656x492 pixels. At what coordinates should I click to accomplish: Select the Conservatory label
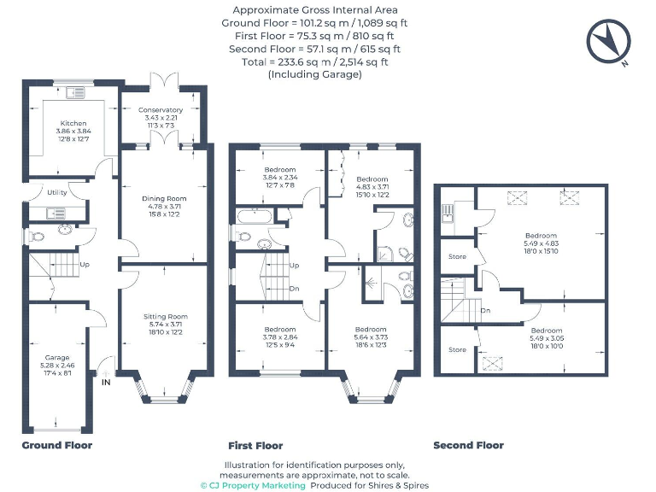click(x=161, y=110)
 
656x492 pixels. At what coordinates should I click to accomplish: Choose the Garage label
click(x=57, y=357)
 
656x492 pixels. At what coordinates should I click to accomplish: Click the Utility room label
click(x=57, y=193)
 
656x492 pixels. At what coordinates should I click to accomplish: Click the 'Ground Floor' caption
click(x=56, y=445)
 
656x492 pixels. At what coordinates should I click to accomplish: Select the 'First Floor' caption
click(x=255, y=445)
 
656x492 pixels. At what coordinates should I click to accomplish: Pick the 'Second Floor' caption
click(x=468, y=445)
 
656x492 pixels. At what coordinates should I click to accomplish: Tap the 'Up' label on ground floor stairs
click(x=85, y=265)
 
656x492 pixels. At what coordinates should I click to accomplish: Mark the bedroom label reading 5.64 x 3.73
click(x=371, y=330)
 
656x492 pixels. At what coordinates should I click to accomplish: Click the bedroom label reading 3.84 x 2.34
click(x=279, y=169)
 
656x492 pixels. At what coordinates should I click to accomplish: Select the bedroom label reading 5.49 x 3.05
click(x=547, y=331)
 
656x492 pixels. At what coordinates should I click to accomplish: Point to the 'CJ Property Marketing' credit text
click(x=252, y=485)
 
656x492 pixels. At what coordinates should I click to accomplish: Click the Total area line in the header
click(x=316, y=61)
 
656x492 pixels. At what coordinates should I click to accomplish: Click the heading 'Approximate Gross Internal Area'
click(x=315, y=9)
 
